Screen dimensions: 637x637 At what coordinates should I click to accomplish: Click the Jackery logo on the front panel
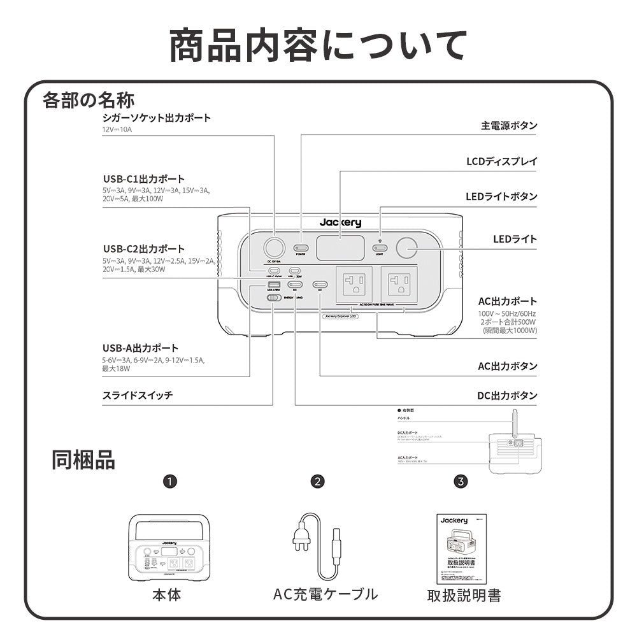point(340,222)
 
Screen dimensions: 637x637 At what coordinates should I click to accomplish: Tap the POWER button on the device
point(300,247)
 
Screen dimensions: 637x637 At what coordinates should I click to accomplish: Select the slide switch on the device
point(273,297)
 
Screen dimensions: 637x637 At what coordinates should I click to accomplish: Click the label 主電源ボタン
point(508,125)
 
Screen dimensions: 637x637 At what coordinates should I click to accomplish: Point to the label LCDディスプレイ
point(501,161)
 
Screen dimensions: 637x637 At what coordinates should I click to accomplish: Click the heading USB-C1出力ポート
point(143,179)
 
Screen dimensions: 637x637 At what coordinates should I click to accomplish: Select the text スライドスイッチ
point(138,396)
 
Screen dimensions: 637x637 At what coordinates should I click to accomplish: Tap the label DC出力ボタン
point(507,396)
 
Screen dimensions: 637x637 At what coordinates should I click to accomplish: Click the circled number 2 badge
point(317,481)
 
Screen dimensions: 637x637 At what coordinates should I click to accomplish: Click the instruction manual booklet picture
point(462,548)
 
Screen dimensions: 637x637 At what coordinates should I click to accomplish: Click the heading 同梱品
point(83,460)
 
